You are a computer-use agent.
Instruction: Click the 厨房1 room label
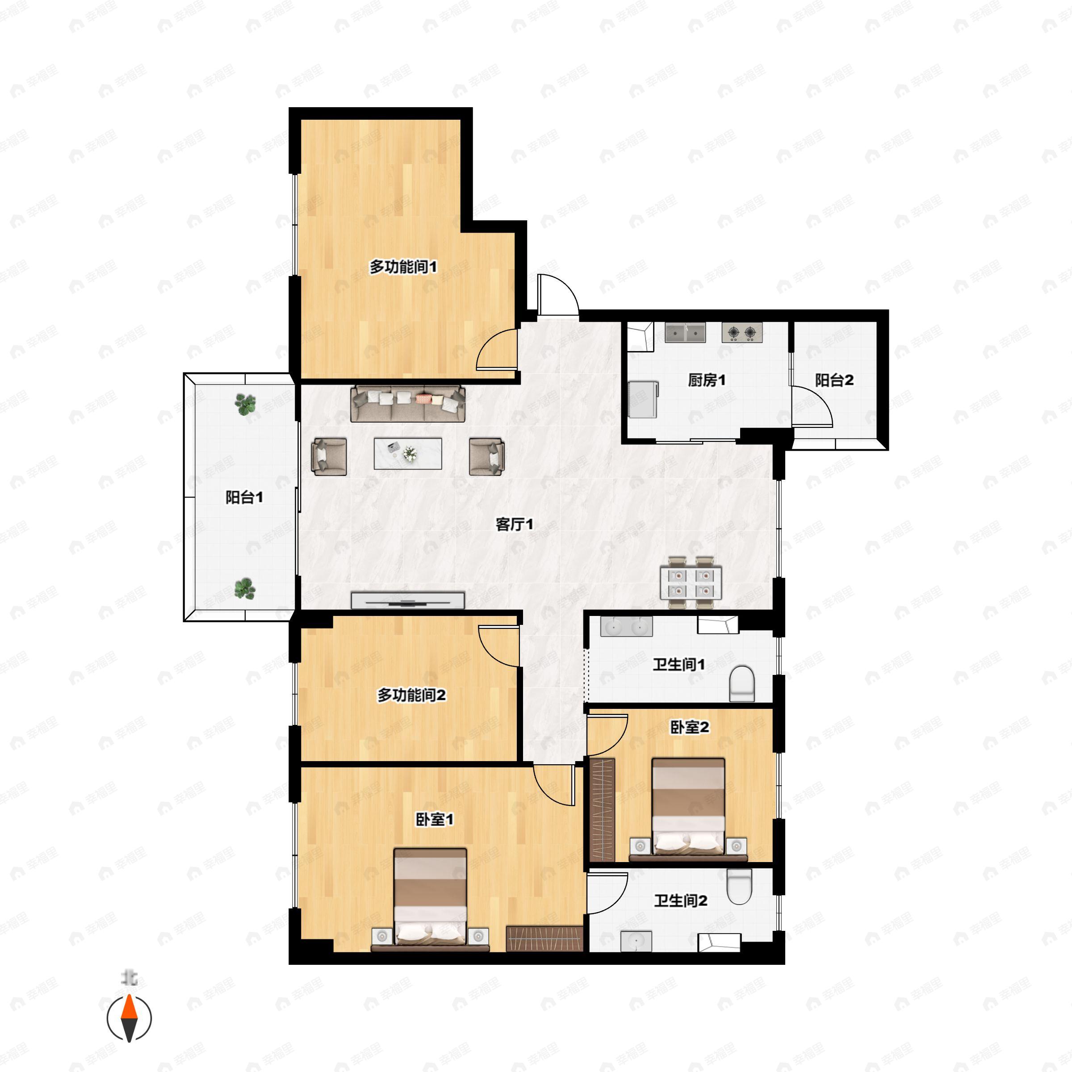[706, 380]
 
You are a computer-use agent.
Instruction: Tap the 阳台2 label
[834, 380]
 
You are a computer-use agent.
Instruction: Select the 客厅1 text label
[515, 524]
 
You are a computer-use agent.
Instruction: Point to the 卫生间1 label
[678, 664]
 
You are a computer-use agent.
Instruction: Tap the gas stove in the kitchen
[742, 332]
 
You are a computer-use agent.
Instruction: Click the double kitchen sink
[685, 332]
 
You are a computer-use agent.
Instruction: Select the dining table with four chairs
[691, 582]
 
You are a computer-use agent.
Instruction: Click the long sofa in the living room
[408, 404]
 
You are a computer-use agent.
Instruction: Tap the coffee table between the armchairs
[408, 453]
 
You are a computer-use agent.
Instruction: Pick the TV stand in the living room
[408, 600]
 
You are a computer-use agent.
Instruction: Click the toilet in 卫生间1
[742, 683]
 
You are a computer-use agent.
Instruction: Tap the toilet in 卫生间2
[739, 887]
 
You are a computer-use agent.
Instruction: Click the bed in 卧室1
[430, 898]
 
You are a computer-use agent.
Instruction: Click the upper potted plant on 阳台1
[245, 405]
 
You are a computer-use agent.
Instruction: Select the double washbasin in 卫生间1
[626, 626]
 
